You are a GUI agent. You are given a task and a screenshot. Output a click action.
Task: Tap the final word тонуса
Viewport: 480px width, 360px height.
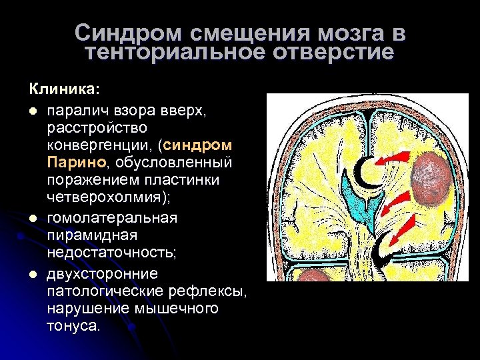(73, 326)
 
